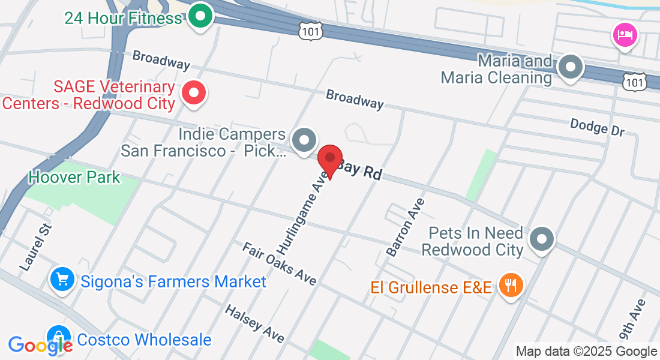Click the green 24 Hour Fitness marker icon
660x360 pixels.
pos(201,16)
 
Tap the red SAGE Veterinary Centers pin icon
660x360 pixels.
pos(194,93)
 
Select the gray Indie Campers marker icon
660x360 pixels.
pos(304,140)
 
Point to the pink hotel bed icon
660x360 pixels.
pos(625,35)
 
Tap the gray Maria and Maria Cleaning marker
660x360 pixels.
pos(571,67)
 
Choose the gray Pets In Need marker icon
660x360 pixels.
pos(542,239)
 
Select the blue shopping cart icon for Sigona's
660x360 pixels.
pos(62,280)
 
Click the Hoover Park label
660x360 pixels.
pos(74,178)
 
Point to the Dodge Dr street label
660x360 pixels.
pos(597,127)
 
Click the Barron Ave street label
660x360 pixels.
pos(406,227)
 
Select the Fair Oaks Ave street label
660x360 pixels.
pos(279,264)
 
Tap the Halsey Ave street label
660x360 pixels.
pos(254,323)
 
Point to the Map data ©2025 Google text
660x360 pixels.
pos(586,352)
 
